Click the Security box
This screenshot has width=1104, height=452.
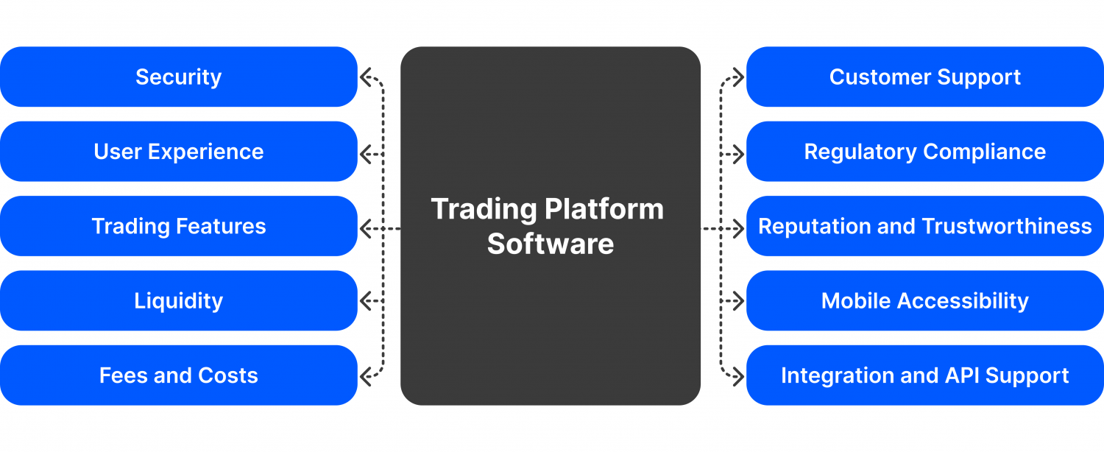pos(178,77)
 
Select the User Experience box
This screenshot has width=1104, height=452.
pos(178,152)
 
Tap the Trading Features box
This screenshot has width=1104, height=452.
pos(178,226)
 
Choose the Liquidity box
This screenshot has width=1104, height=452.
pos(178,300)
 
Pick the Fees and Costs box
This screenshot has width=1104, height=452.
pos(178,375)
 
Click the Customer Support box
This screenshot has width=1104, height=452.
pos(924,77)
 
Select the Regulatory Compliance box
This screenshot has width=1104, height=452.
pos(924,152)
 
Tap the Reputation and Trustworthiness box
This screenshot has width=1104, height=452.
pos(924,226)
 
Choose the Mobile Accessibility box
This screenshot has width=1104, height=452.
pos(924,300)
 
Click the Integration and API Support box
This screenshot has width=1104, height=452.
pos(924,375)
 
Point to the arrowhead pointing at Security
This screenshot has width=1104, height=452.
pos(365,77)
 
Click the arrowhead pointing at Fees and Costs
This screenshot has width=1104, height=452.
pos(365,375)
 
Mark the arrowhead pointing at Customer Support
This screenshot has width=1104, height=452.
pos(739,77)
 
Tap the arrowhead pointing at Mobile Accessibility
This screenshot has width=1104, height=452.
pos(739,300)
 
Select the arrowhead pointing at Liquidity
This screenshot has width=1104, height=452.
pos(365,300)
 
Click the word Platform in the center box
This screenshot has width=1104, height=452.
pos(604,210)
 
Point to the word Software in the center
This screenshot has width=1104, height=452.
pos(550,244)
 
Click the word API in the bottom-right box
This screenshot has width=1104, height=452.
pos(960,375)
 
